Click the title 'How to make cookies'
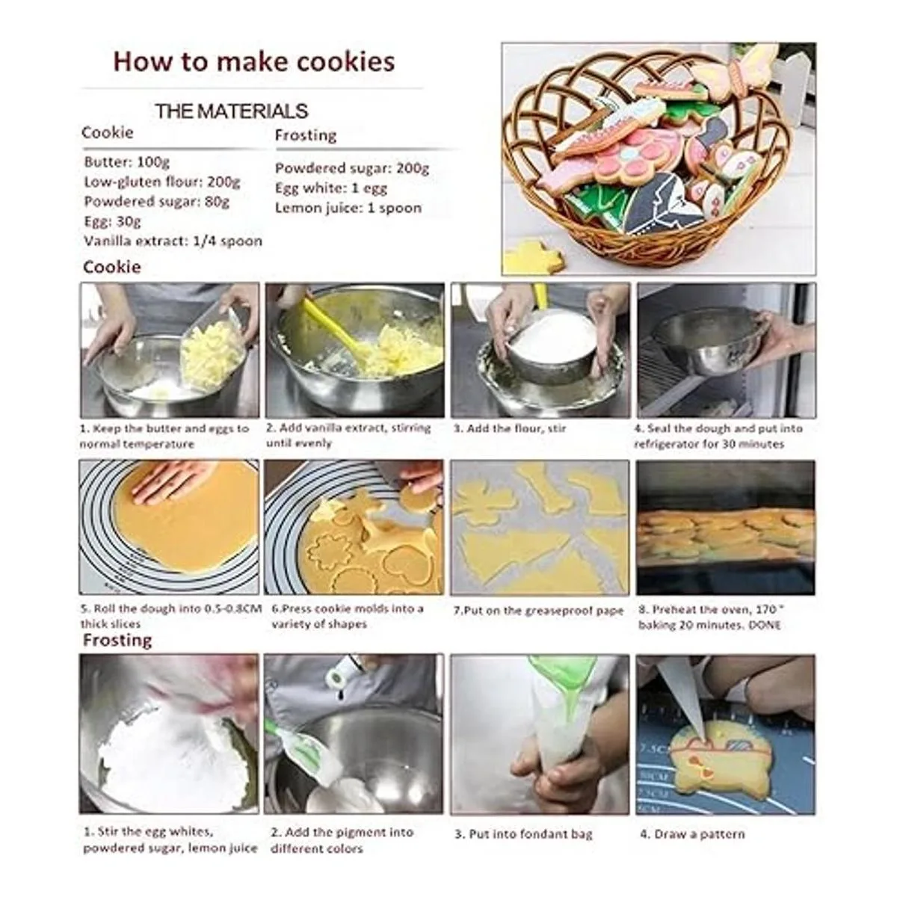254,62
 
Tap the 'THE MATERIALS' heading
231,111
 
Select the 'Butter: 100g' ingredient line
126,162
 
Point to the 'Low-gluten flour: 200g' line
162,182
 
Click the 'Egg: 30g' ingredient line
112,221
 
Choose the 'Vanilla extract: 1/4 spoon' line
173,241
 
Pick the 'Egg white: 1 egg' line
331,188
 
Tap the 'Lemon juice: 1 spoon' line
348,208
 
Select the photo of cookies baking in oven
725,528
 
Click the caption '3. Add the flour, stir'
510,429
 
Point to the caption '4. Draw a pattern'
693,834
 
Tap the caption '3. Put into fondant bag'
524,834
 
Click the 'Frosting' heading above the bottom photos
117,641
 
